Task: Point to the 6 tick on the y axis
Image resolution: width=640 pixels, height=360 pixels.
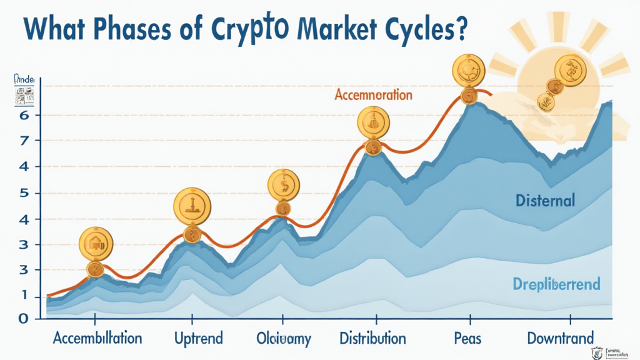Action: (x=24, y=116)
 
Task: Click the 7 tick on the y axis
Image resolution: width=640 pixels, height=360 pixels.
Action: (x=24, y=141)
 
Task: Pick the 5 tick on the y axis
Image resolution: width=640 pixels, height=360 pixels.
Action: (x=24, y=193)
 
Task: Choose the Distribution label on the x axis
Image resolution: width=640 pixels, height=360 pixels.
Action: (x=372, y=339)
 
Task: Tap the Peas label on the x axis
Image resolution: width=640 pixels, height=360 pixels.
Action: (x=466, y=339)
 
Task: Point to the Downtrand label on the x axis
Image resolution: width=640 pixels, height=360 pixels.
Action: (x=560, y=339)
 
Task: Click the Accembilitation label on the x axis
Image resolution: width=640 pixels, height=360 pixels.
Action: (x=97, y=339)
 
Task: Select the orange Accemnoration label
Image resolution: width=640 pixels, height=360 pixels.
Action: (x=373, y=95)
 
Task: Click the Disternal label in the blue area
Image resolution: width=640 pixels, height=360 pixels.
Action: (x=545, y=201)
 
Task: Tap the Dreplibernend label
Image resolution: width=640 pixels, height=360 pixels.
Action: (x=556, y=284)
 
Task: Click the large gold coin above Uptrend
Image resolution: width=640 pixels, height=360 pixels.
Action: (x=192, y=204)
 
